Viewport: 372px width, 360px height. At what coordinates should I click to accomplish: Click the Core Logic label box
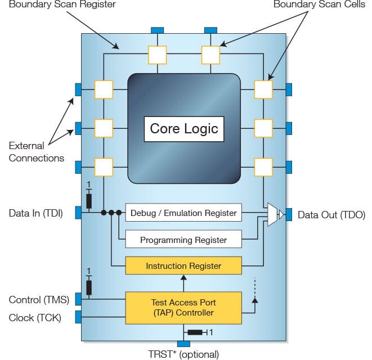click(184, 129)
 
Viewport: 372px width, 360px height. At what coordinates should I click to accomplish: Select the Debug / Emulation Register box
click(183, 213)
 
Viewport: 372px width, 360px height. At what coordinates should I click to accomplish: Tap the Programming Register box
click(183, 239)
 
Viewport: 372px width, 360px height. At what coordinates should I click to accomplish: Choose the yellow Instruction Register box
click(183, 265)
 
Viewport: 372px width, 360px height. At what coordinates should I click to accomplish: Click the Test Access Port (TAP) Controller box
click(183, 308)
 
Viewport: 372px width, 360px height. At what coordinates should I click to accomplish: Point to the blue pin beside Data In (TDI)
click(78, 213)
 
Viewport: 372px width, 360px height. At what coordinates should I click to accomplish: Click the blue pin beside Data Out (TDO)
click(289, 214)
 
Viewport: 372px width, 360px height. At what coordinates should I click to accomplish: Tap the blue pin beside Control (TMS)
click(78, 299)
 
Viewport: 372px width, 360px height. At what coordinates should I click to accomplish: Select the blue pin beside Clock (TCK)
click(78, 317)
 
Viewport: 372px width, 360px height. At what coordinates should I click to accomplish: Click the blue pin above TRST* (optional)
click(183, 344)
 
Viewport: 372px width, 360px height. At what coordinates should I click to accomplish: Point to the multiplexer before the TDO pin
click(272, 214)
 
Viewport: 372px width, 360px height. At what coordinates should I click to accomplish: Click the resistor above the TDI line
click(89, 201)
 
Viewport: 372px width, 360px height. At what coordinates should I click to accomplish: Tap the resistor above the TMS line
click(89, 287)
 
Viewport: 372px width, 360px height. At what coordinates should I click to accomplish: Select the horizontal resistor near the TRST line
click(195, 332)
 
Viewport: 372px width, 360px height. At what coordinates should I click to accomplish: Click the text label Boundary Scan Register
click(62, 4)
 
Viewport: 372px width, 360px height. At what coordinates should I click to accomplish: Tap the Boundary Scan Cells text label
click(319, 4)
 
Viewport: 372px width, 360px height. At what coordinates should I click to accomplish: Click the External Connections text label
click(36, 152)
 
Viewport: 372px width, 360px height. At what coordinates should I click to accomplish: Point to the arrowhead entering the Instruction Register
click(183, 277)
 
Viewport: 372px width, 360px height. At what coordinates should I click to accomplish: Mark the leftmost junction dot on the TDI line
click(104, 213)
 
